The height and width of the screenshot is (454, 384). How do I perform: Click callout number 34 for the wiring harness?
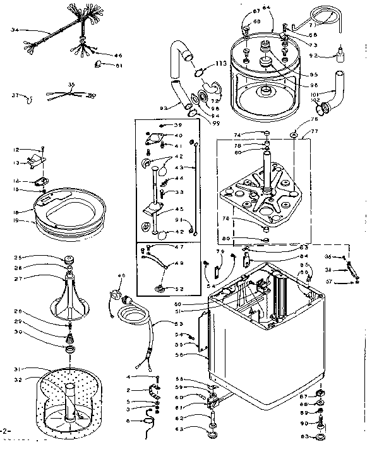coord(15,30)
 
